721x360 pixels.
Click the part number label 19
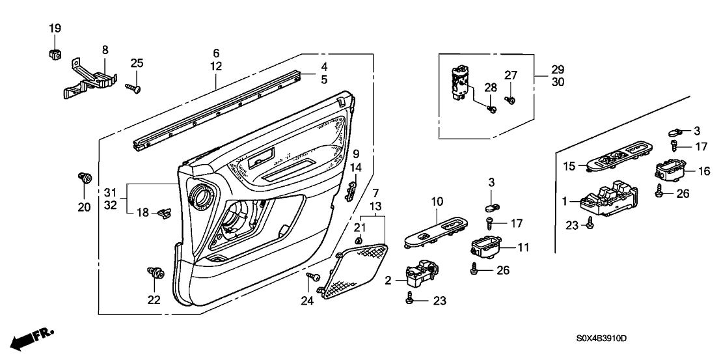tap(55, 28)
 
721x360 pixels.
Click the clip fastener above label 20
tap(83, 176)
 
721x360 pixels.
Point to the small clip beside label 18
tap(165, 211)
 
